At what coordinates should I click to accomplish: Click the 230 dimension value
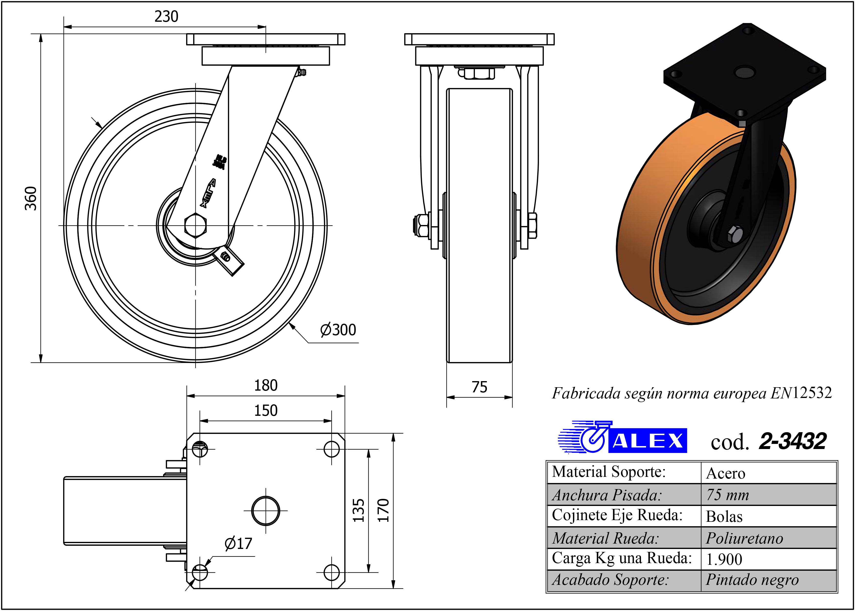coord(166,17)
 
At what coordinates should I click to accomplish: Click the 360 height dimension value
coord(31,198)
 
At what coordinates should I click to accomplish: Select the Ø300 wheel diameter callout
coord(338,330)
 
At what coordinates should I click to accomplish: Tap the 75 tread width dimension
coord(479,387)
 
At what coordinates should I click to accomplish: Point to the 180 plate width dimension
coord(266,386)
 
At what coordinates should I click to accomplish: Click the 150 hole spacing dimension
coord(266,410)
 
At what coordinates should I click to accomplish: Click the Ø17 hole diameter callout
coord(238,544)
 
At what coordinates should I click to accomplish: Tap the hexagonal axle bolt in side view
coord(195,225)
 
